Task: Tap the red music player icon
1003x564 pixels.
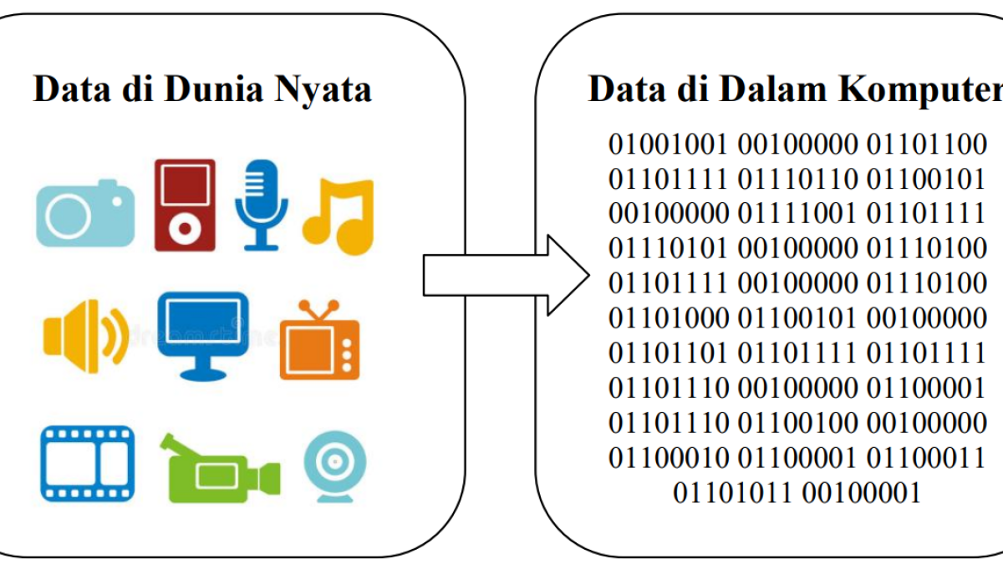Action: (185, 205)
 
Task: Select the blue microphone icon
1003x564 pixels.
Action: (261, 206)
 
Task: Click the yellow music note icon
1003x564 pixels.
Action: (339, 216)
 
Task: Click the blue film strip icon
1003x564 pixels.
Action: (87, 464)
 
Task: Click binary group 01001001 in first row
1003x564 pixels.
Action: (668, 144)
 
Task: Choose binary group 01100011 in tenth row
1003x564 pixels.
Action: (926, 458)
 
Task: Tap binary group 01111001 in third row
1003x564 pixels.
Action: (797, 214)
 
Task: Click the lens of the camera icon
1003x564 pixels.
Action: (67, 217)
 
